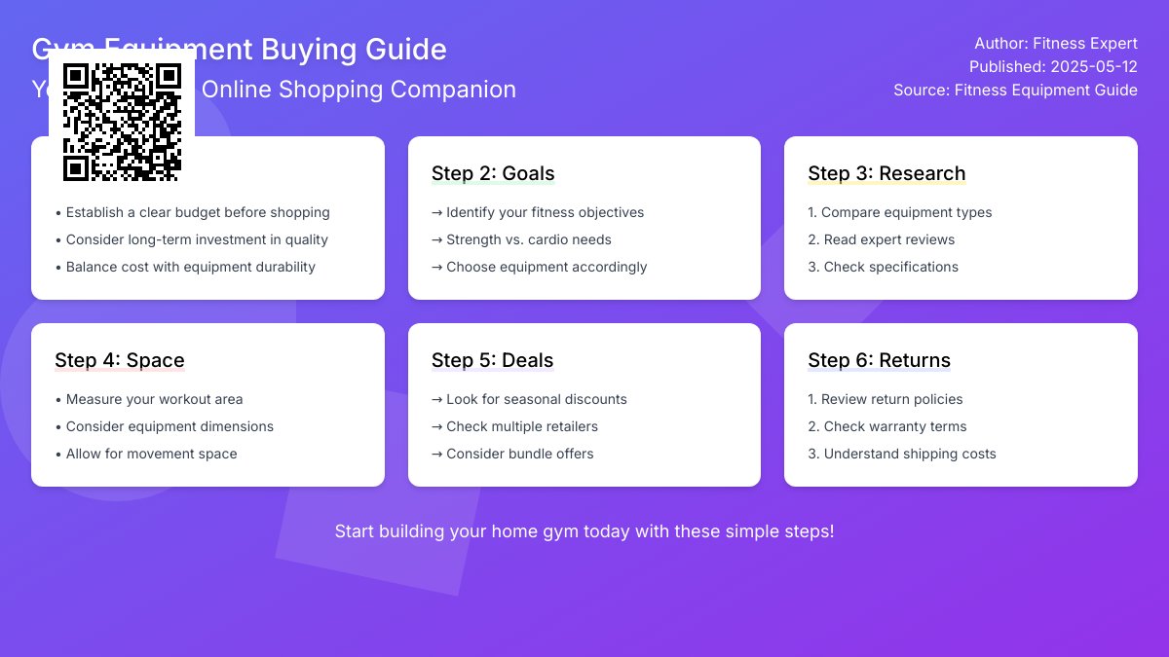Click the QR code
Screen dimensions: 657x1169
pos(122,122)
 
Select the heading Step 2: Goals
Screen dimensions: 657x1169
pos(493,173)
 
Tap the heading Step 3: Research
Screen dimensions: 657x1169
pos(886,173)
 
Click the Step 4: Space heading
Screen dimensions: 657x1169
pos(120,360)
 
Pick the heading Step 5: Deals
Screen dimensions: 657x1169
pos(493,360)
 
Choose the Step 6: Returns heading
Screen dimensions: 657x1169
pos(879,360)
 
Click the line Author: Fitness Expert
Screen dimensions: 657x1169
pos(1056,43)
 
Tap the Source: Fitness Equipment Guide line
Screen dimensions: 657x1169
pos(1015,90)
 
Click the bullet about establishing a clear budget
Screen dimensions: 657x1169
pos(193,212)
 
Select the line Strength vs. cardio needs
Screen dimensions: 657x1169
pos(522,239)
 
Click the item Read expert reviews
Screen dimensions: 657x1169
pos(882,239)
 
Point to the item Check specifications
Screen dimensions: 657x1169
pos(884,267)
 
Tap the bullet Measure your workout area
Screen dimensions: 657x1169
pos(149,399)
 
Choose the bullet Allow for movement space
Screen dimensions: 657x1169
pos(146,454)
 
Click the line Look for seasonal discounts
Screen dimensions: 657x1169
pos(530,399)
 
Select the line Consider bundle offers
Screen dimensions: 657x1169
pos(512,454)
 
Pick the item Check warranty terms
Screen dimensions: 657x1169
pos(887,426)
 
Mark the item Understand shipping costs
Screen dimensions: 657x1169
pos(902,454)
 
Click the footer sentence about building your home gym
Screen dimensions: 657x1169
pos(584,531)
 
